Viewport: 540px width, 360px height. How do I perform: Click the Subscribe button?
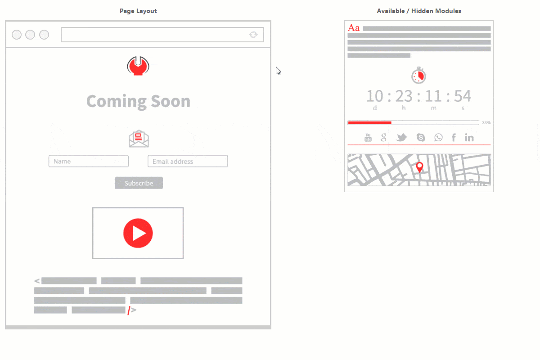[x=139, y=183]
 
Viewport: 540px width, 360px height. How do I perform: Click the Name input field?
[x=89, y=161]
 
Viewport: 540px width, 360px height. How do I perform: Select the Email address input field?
[x=188, y=161]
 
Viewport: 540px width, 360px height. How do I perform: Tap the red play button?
[x=138, y=233]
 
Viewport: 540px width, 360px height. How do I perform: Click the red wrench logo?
[x=138, y=66]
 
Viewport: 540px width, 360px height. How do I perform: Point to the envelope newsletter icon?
[x=139, y=139]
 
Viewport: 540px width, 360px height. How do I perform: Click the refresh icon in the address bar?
[x=253, y=35]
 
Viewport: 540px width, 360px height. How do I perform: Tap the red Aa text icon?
[x=353, y=28]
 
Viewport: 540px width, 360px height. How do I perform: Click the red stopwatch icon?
[x=419, y=75]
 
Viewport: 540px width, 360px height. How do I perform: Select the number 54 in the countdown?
[x=463, y=96]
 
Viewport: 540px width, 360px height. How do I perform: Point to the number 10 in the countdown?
[x=374, y=96]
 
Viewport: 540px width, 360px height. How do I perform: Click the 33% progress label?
[x=486, y=123]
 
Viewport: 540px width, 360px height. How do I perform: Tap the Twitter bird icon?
[x=401, y=137]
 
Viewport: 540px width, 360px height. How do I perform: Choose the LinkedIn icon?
[x=469, y=137]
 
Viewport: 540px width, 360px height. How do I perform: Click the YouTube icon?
[x=368, y=137]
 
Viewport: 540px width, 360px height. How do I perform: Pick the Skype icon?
[x=421, y=137]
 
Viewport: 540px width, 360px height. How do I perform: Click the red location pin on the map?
[x=419, y=167]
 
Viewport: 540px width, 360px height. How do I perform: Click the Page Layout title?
[x=138, y=11]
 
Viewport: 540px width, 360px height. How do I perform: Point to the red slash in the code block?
[x=129, y=310]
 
